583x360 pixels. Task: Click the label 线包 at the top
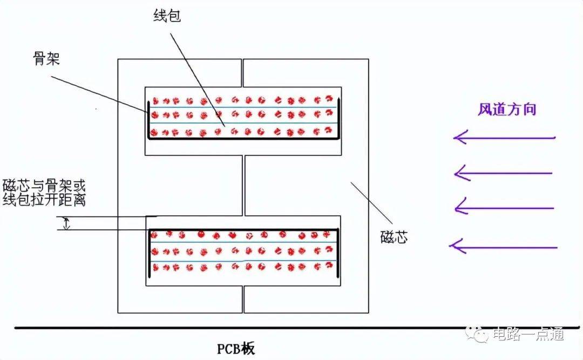[167, 16]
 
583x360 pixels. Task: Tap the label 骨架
[46, 59]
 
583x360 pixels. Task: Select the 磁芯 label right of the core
[394, 237]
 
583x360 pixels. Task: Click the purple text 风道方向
[507, 110]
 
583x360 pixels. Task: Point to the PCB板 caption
[236, 349]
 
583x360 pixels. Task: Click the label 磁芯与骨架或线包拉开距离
[44, 193]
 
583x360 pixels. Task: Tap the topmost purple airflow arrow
[504, 138]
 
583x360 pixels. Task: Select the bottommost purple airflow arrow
[503, 247]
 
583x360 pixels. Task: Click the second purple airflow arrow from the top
[504, 173]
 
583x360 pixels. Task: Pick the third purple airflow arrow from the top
[504, 208]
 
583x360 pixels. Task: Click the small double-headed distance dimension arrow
[66, 223]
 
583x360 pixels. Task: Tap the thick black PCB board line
[297, 328]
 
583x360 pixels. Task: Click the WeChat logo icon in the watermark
[477, 334]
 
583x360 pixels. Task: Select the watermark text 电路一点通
[528, 334]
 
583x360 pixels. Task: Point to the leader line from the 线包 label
[198, 79]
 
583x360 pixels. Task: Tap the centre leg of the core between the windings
[243, 185]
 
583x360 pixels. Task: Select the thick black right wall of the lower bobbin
[338, 253]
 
